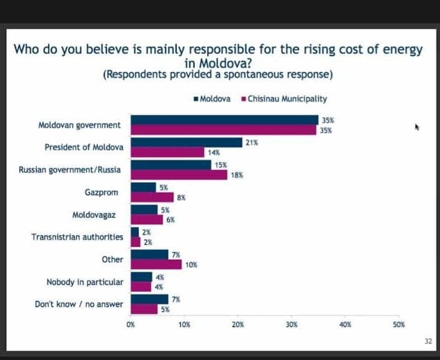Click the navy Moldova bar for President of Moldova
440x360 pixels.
[x=186, y=143]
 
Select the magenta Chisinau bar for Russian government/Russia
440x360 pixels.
[x=178, y=175]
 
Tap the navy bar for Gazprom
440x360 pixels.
[x=143, y=188]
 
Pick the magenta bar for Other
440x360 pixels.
[x=156, y=264]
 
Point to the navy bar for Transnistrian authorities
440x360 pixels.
[x=134, y=232]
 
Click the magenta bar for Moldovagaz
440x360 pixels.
[x=147, y=219]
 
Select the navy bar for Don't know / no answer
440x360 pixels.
[x=149, y=299]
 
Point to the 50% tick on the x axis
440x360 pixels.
[x=399, y=325]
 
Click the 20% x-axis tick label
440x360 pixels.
[x=238, y=325]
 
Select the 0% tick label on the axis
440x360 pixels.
[x=131, y=325]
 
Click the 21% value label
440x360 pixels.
[x=252, y=142]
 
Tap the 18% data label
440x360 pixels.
[x=236, y=175]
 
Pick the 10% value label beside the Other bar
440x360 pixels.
[x=191, y=264]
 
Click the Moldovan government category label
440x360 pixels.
[x=79, y=125]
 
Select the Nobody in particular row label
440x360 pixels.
[x=84, y=282]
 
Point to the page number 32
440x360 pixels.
[x=428, y=340]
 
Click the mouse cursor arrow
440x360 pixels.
[x=417, y=127]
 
